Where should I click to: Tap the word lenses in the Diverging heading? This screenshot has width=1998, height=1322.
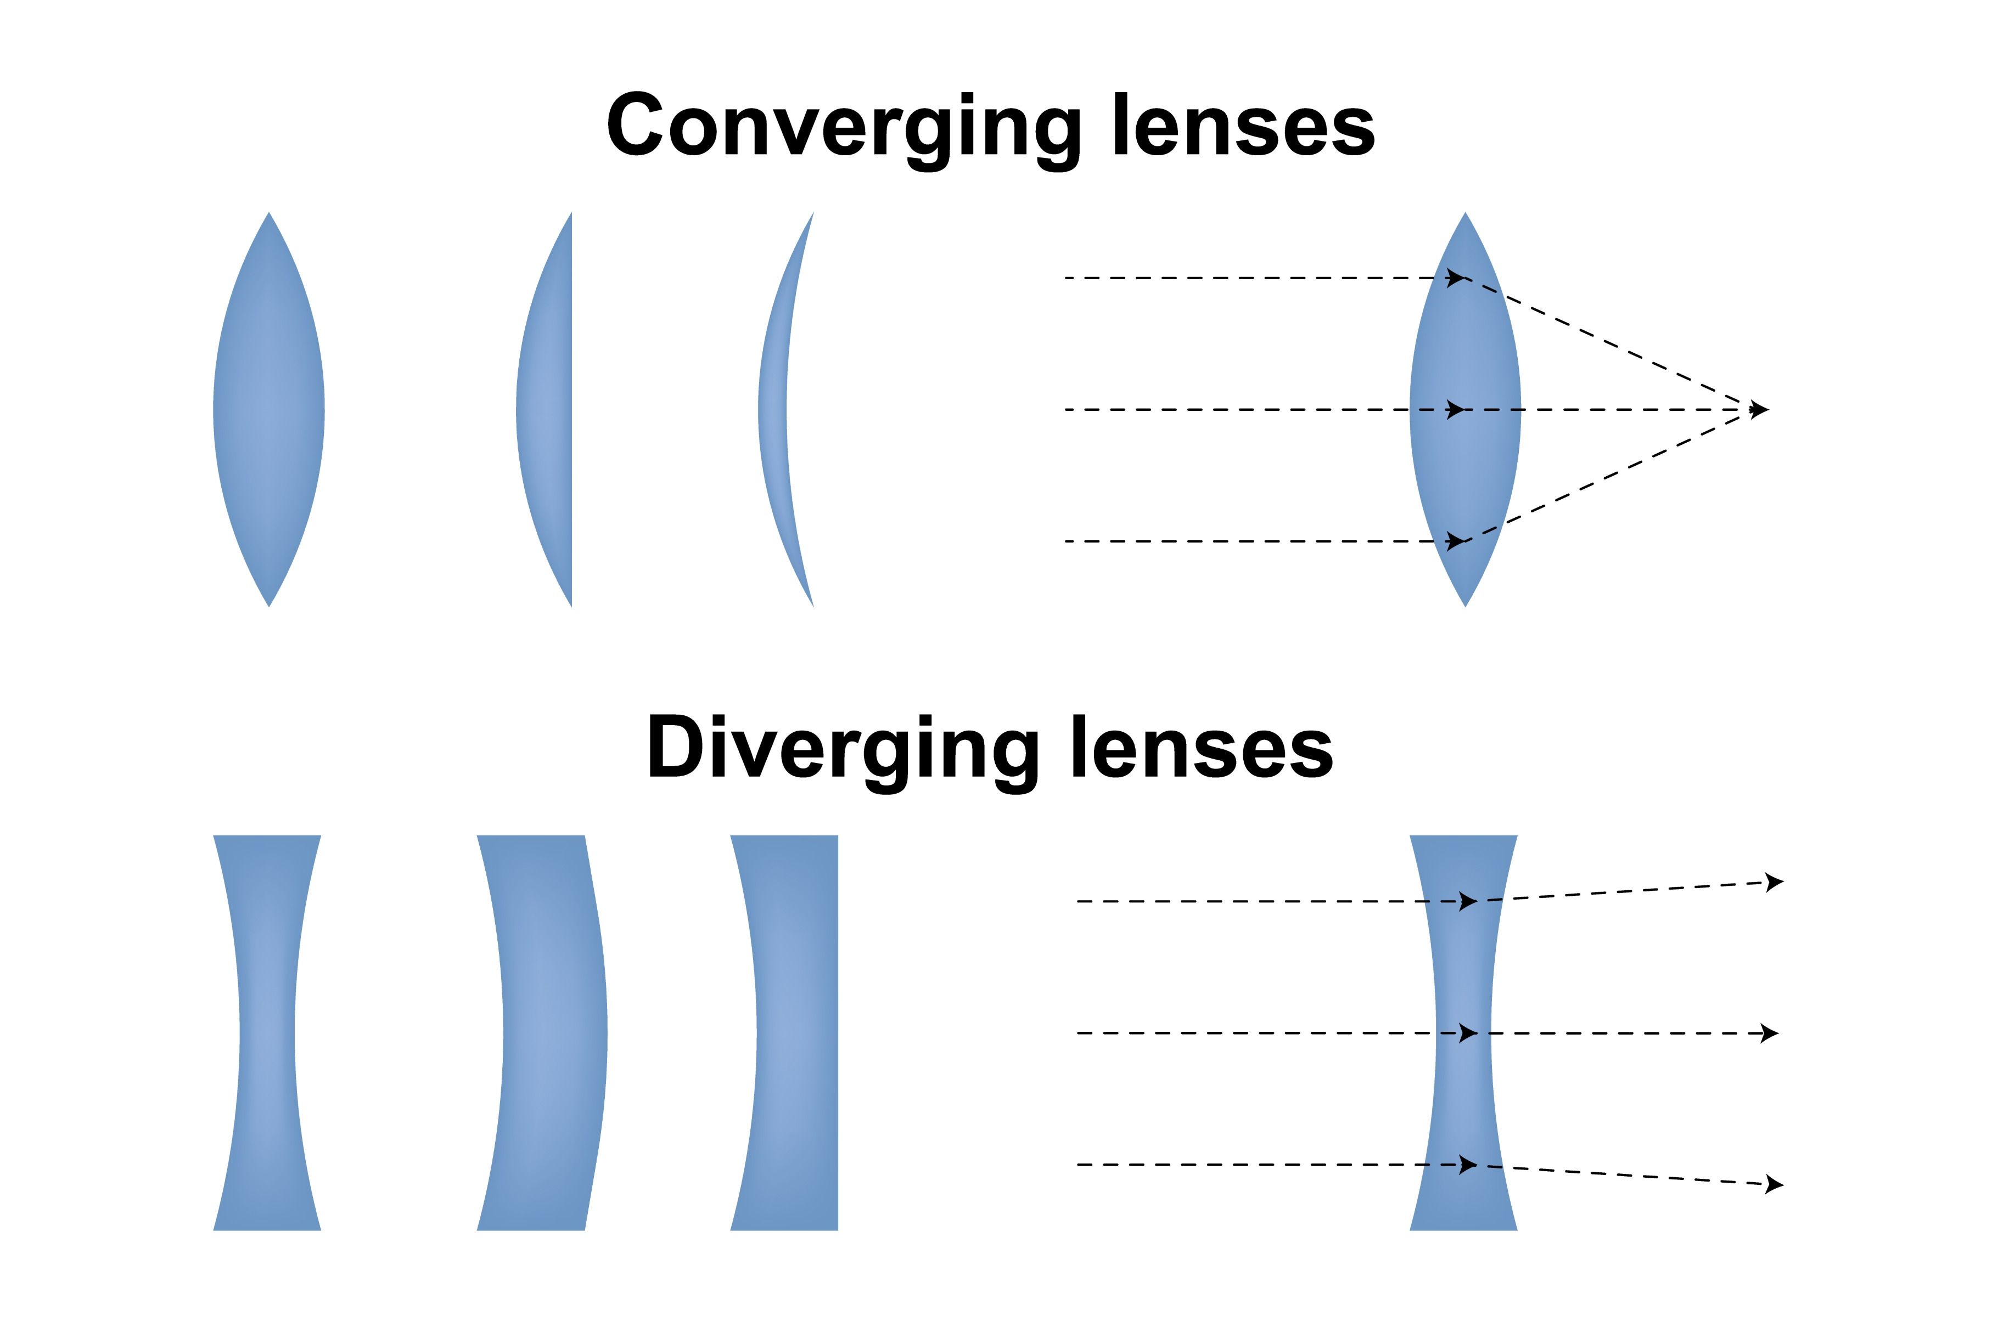coord(1202,749)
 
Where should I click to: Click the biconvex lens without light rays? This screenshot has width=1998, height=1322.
coord(268,410)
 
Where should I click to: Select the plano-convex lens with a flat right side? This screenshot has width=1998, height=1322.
coord(548,410)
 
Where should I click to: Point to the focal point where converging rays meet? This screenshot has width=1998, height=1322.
coord(1759,410)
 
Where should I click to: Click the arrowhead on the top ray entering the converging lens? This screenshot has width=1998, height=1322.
coord(1455,278)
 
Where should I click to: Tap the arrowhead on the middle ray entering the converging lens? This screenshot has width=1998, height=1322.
coord(1455,410)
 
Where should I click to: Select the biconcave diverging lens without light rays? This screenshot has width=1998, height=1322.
coord(267,1033)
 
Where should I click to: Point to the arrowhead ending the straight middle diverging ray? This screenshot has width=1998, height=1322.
coord(1770,1033)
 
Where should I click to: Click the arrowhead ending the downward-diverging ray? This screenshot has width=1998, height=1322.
coord(1775,1184)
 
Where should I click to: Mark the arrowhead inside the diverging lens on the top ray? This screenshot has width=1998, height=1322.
coord(1468,901)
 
